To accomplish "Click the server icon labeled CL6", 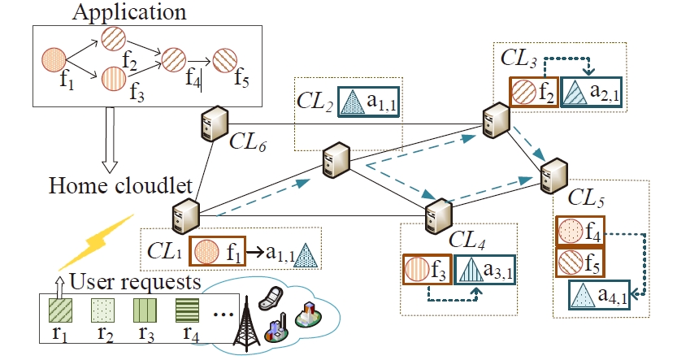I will tap(210, 124).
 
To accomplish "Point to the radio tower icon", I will tap(244, 325).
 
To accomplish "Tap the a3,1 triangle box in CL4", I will tap(485, 270).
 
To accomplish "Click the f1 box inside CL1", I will tap(218, 250).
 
